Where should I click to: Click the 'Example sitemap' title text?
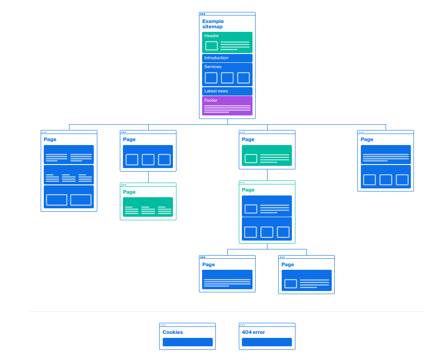click(213, 24)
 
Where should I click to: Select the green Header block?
click(227, 42)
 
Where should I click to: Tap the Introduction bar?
click(227, 58)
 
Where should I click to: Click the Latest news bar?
click(227, 91)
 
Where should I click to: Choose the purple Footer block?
click(227, 106)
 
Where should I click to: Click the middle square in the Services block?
click(227, 78)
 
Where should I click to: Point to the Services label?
click(213, 67)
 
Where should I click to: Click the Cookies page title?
click(172, 332)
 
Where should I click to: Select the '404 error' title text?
click(253, 332)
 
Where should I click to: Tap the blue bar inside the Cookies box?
click(188, 342)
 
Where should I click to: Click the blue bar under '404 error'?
click(267, 342)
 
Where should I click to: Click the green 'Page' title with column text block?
click(129, 192)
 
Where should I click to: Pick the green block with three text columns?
click(148, 207)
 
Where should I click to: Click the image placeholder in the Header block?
click(211, 46)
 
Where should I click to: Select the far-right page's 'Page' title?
click(367, 139)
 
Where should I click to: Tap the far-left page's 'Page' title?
click(50, 139)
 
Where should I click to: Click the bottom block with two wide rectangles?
click(69, 197)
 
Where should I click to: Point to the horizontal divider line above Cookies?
click(227, 311)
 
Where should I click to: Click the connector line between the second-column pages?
click(148, 177)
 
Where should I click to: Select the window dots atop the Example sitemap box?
click(203, 14)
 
